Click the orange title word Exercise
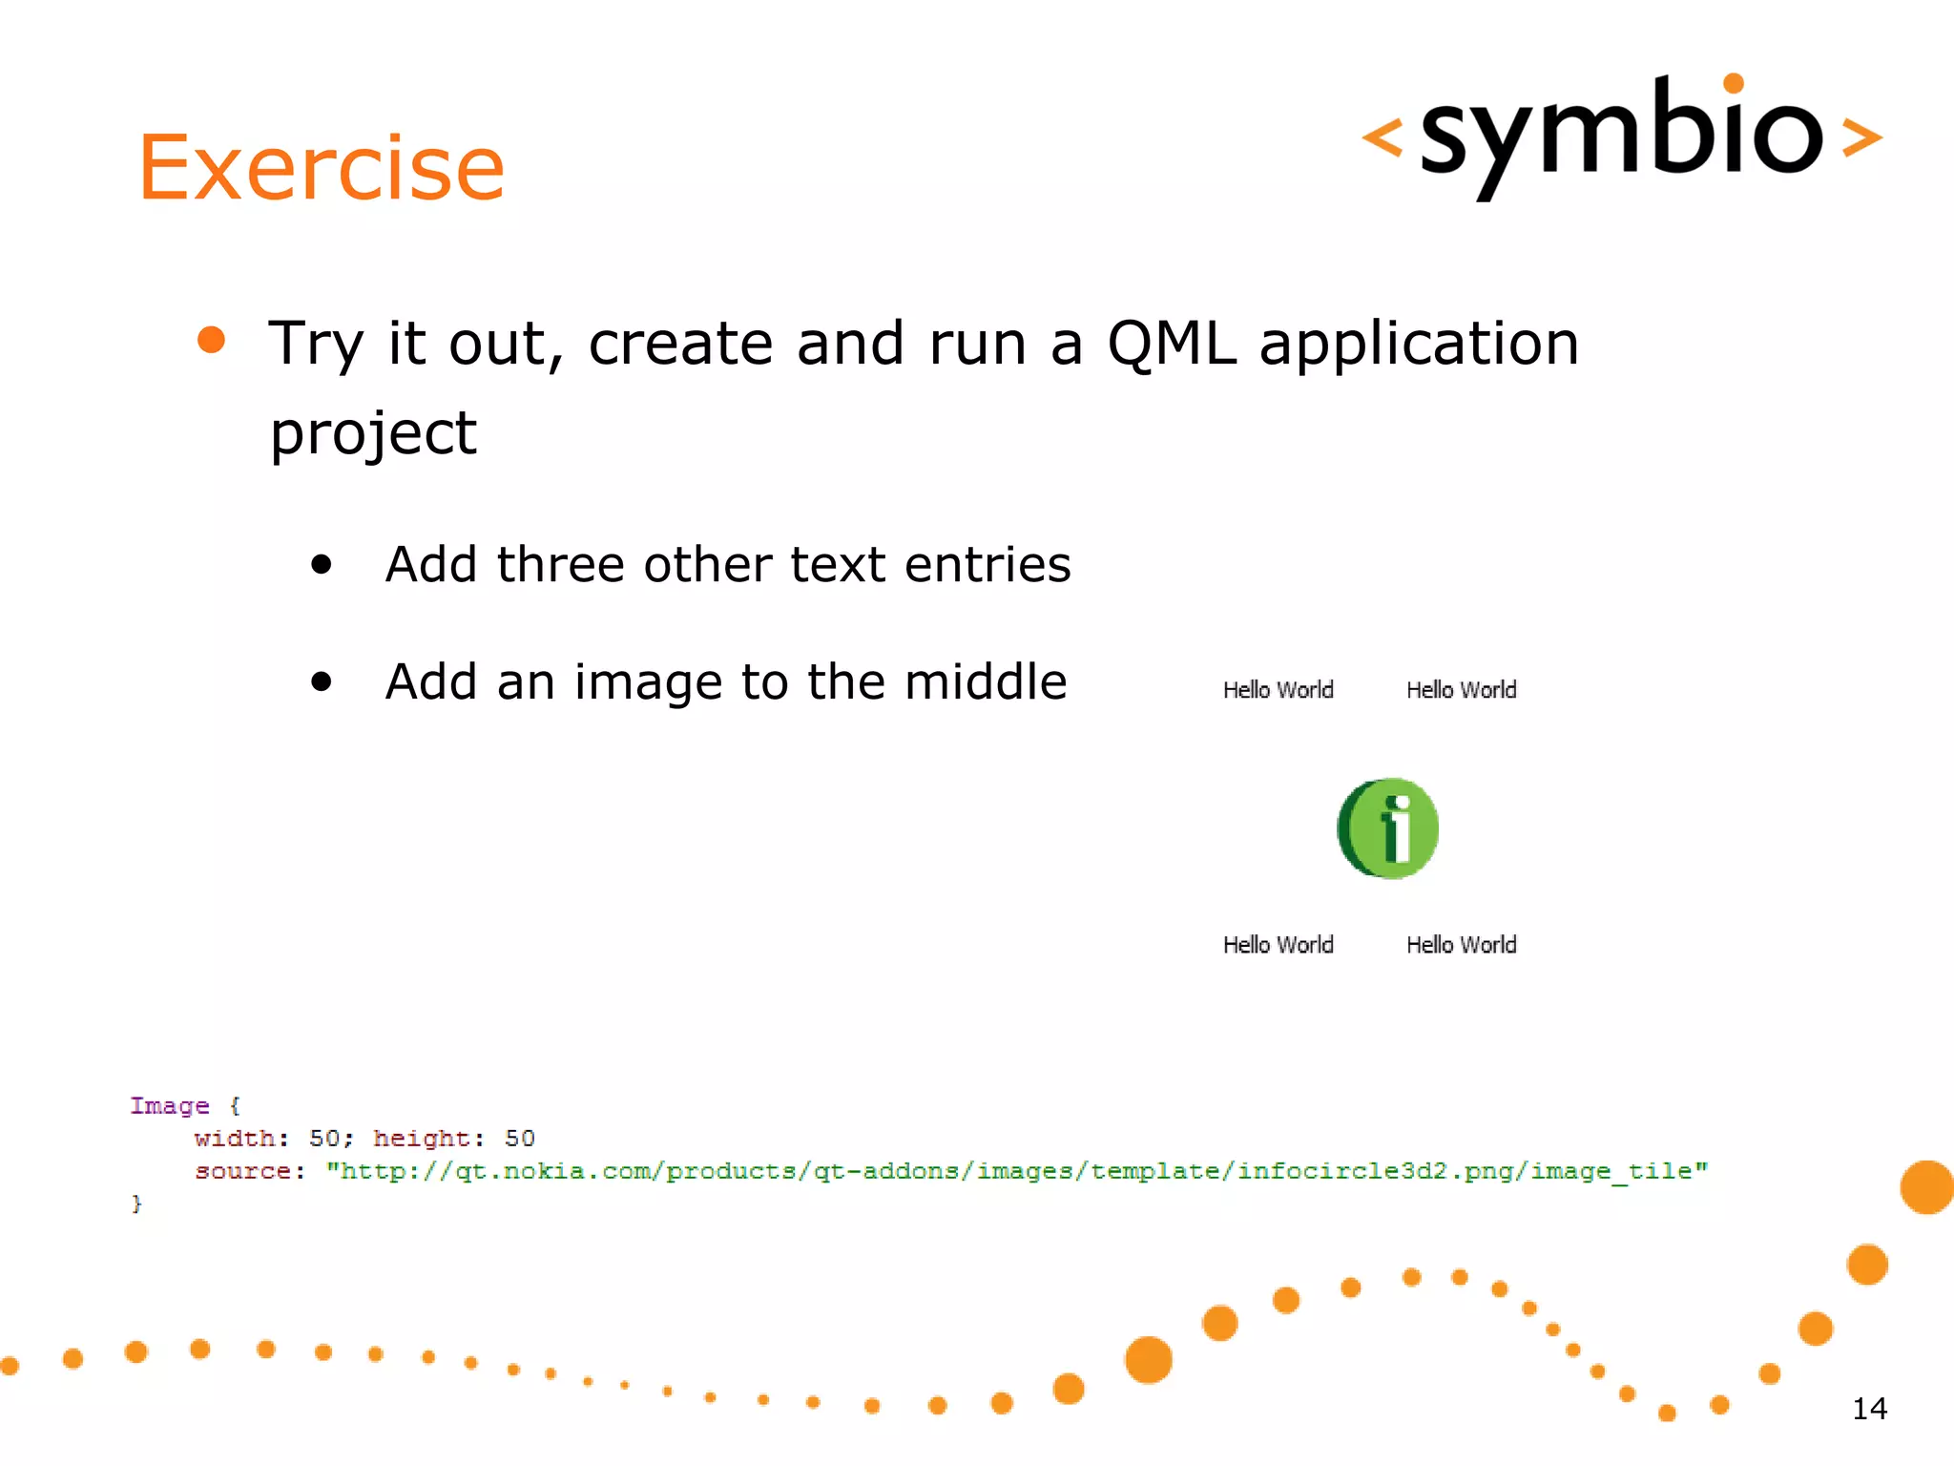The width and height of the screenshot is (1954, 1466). pyautogui.click(x=321, y=168)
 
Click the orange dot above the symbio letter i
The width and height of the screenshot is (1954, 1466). pyautogui.click(x=1734, y=83)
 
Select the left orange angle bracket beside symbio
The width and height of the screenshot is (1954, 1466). pyautogui.click(x=1382, y=137)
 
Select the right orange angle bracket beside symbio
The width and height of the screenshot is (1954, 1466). pyautogui.click(x=1861, y=137)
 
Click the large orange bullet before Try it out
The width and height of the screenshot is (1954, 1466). pyautogui.click(x=211, y=340)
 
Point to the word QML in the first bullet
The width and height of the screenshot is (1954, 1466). pyautogui.click(x=1171, y=344)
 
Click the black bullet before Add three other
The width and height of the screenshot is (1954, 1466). pyautogui.click(x=322, y=565)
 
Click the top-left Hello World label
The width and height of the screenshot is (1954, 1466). pyautogui.click(x=1278, y=690)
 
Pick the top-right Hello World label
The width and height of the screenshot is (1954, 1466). pyautogui.click(x=1461, y=690)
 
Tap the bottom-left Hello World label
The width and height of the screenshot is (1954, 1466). pyautogui.click(x=1278, y=945)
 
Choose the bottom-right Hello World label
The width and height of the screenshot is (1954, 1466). pyautogui.click(x=1461, y=945)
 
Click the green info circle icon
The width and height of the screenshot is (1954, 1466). pyautogui.click(x=1388, y=828)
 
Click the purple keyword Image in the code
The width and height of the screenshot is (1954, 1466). pyautogui.click(x=170, y=1106)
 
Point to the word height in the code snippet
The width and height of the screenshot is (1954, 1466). pyautogui.click(x=421, y=1139)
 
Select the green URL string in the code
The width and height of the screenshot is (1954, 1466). pyautogui.click(x=1016, y=1171)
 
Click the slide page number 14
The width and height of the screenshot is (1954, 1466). pyautogui.click(x=1869, y=1409)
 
